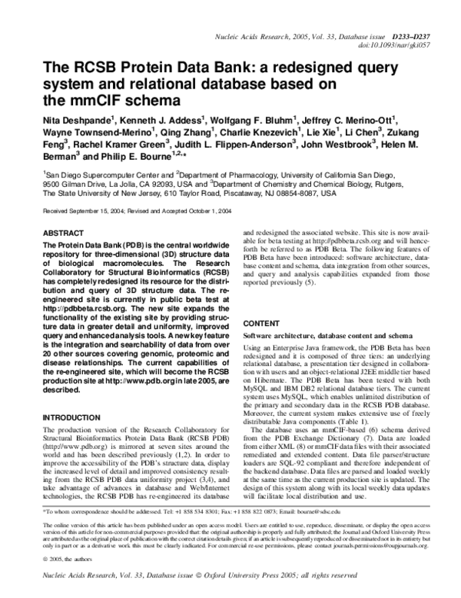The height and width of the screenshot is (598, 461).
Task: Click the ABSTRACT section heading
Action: point(64,231)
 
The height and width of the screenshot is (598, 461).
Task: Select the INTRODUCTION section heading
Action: point(75,417)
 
